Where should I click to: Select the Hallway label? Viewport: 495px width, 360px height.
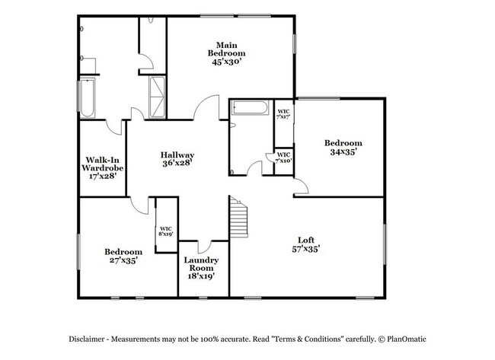[177, 155]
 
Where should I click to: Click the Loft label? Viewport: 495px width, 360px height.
[308, 239]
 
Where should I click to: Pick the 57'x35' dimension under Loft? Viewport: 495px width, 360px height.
[308, 248]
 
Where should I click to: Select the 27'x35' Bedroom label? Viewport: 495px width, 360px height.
[123, 256]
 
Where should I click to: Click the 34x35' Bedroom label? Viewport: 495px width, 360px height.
[343, 147]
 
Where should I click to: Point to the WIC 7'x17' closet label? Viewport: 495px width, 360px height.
[283, 114]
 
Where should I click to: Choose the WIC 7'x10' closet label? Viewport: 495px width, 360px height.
[283, 158]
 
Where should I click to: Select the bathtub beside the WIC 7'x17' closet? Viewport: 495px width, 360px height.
[250, 109]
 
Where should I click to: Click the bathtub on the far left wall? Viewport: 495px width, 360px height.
[88, 97]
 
